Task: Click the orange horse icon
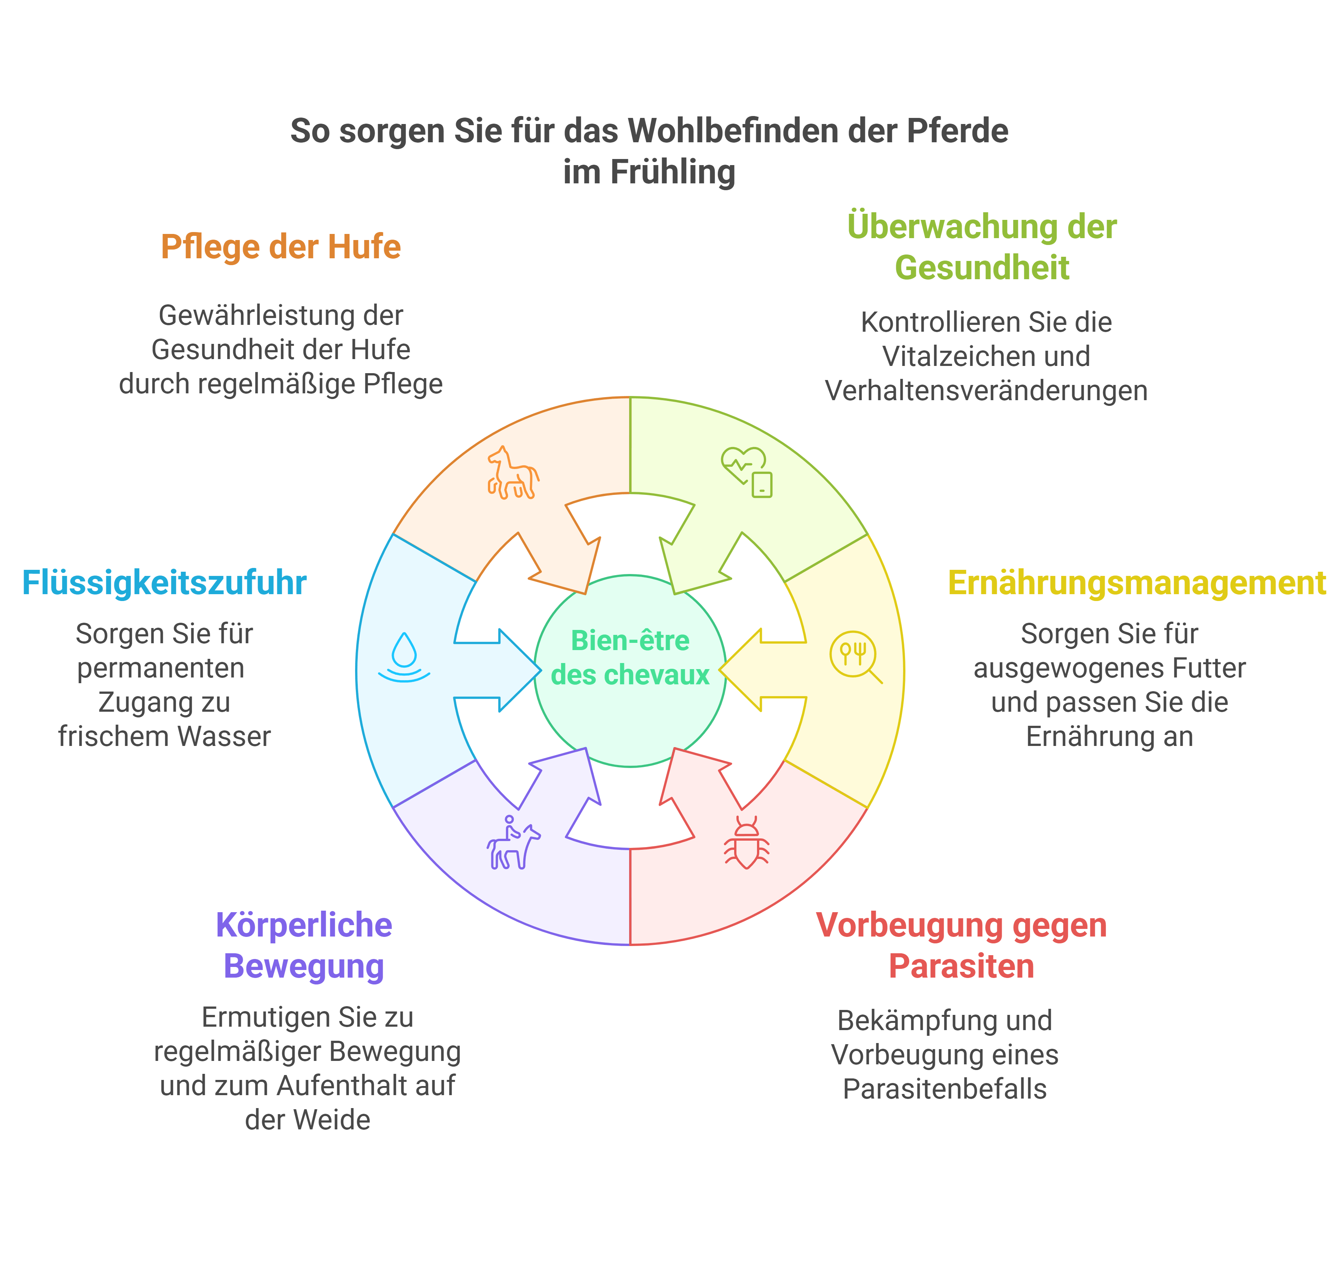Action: [x=513, y=472]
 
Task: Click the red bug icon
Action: [x=747, y=843]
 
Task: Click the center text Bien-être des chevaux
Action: [x=630, y=657]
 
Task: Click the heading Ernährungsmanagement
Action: [x=1137, y=583]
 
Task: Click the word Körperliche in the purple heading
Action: [x=304, y=925]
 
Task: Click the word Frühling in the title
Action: [x=672, y=172]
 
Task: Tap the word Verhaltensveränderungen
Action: [x=986, y=391]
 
